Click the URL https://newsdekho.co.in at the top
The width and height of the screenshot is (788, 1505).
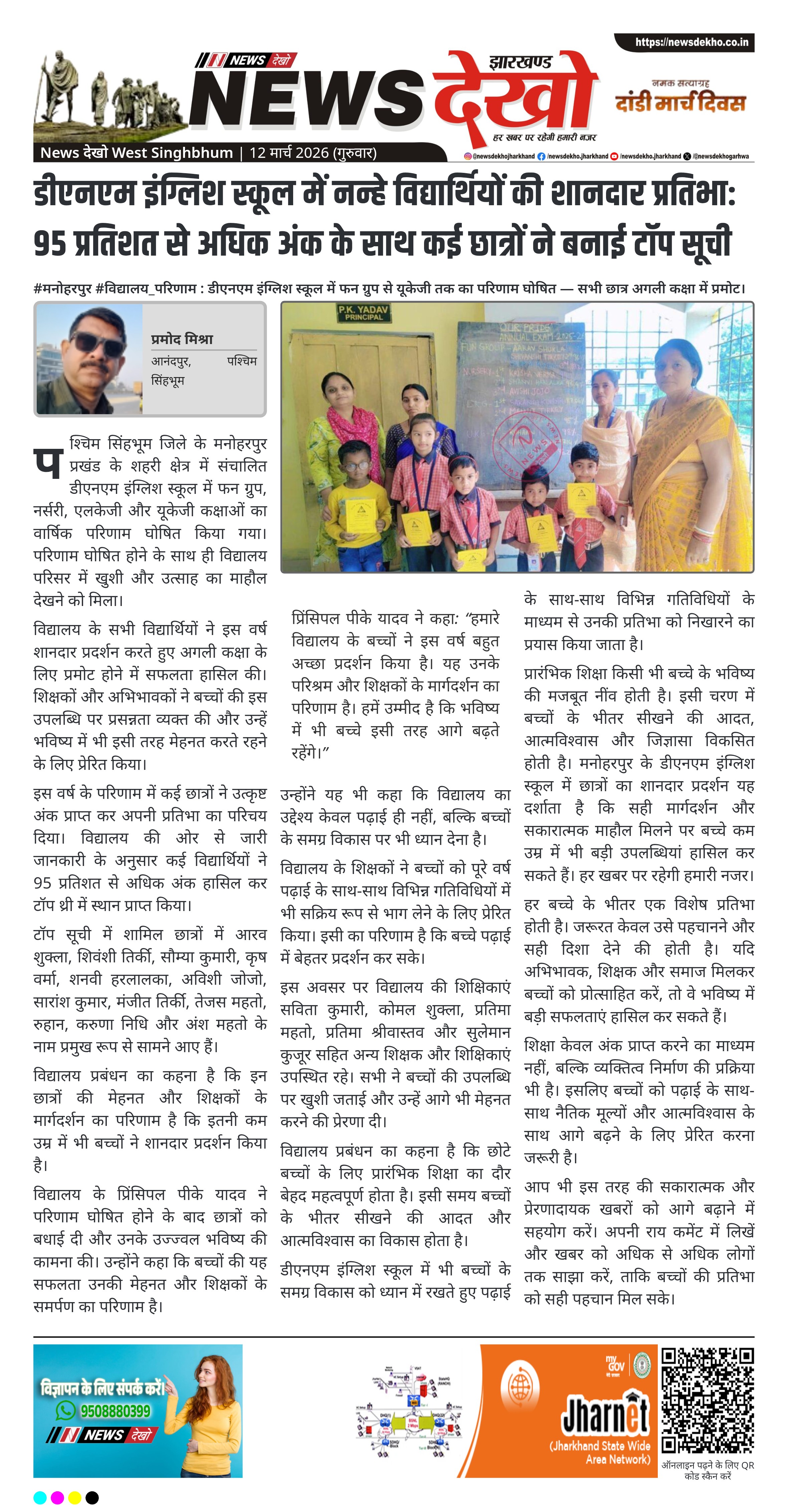(x=692, y=42)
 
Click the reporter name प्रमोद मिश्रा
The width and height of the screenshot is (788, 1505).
(x=182, y=339)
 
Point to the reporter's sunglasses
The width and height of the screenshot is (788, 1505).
(x=97, y=345)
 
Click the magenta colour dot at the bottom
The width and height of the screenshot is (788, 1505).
(x=57, y=1497)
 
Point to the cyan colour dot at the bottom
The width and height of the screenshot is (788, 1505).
(x=40, y=1497)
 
